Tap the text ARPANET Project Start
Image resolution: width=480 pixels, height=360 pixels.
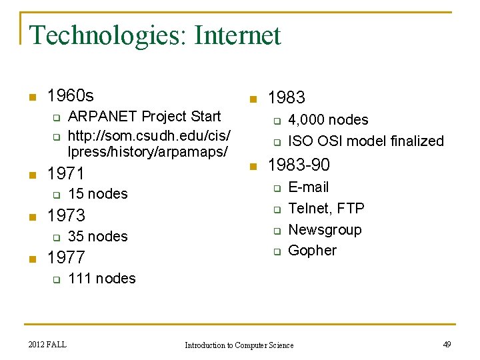coord(144,116)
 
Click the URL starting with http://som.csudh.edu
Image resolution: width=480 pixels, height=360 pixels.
coord(149,144)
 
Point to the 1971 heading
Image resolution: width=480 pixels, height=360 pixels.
coord(66,174)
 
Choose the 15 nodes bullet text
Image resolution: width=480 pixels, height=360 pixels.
coord(97,194)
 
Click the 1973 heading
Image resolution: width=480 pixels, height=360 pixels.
coord(66,215)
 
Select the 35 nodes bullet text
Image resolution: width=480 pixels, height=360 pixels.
coord(97,236)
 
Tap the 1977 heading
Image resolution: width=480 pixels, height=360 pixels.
coord(66,257)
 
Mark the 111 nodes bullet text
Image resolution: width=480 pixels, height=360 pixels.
coord(101,279)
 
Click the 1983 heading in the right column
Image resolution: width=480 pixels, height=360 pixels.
coord(286,98)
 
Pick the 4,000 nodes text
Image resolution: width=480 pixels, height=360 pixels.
coord(327,120)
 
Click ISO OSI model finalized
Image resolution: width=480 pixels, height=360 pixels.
coord(365,141)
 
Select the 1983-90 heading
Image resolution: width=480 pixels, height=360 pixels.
coord(298,165)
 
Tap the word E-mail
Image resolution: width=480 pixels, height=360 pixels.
coord(308,187)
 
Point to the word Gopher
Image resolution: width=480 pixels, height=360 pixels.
coord(312,251)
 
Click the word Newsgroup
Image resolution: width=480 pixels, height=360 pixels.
coord(325,230)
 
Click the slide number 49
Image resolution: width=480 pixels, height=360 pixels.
coord(447,344)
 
